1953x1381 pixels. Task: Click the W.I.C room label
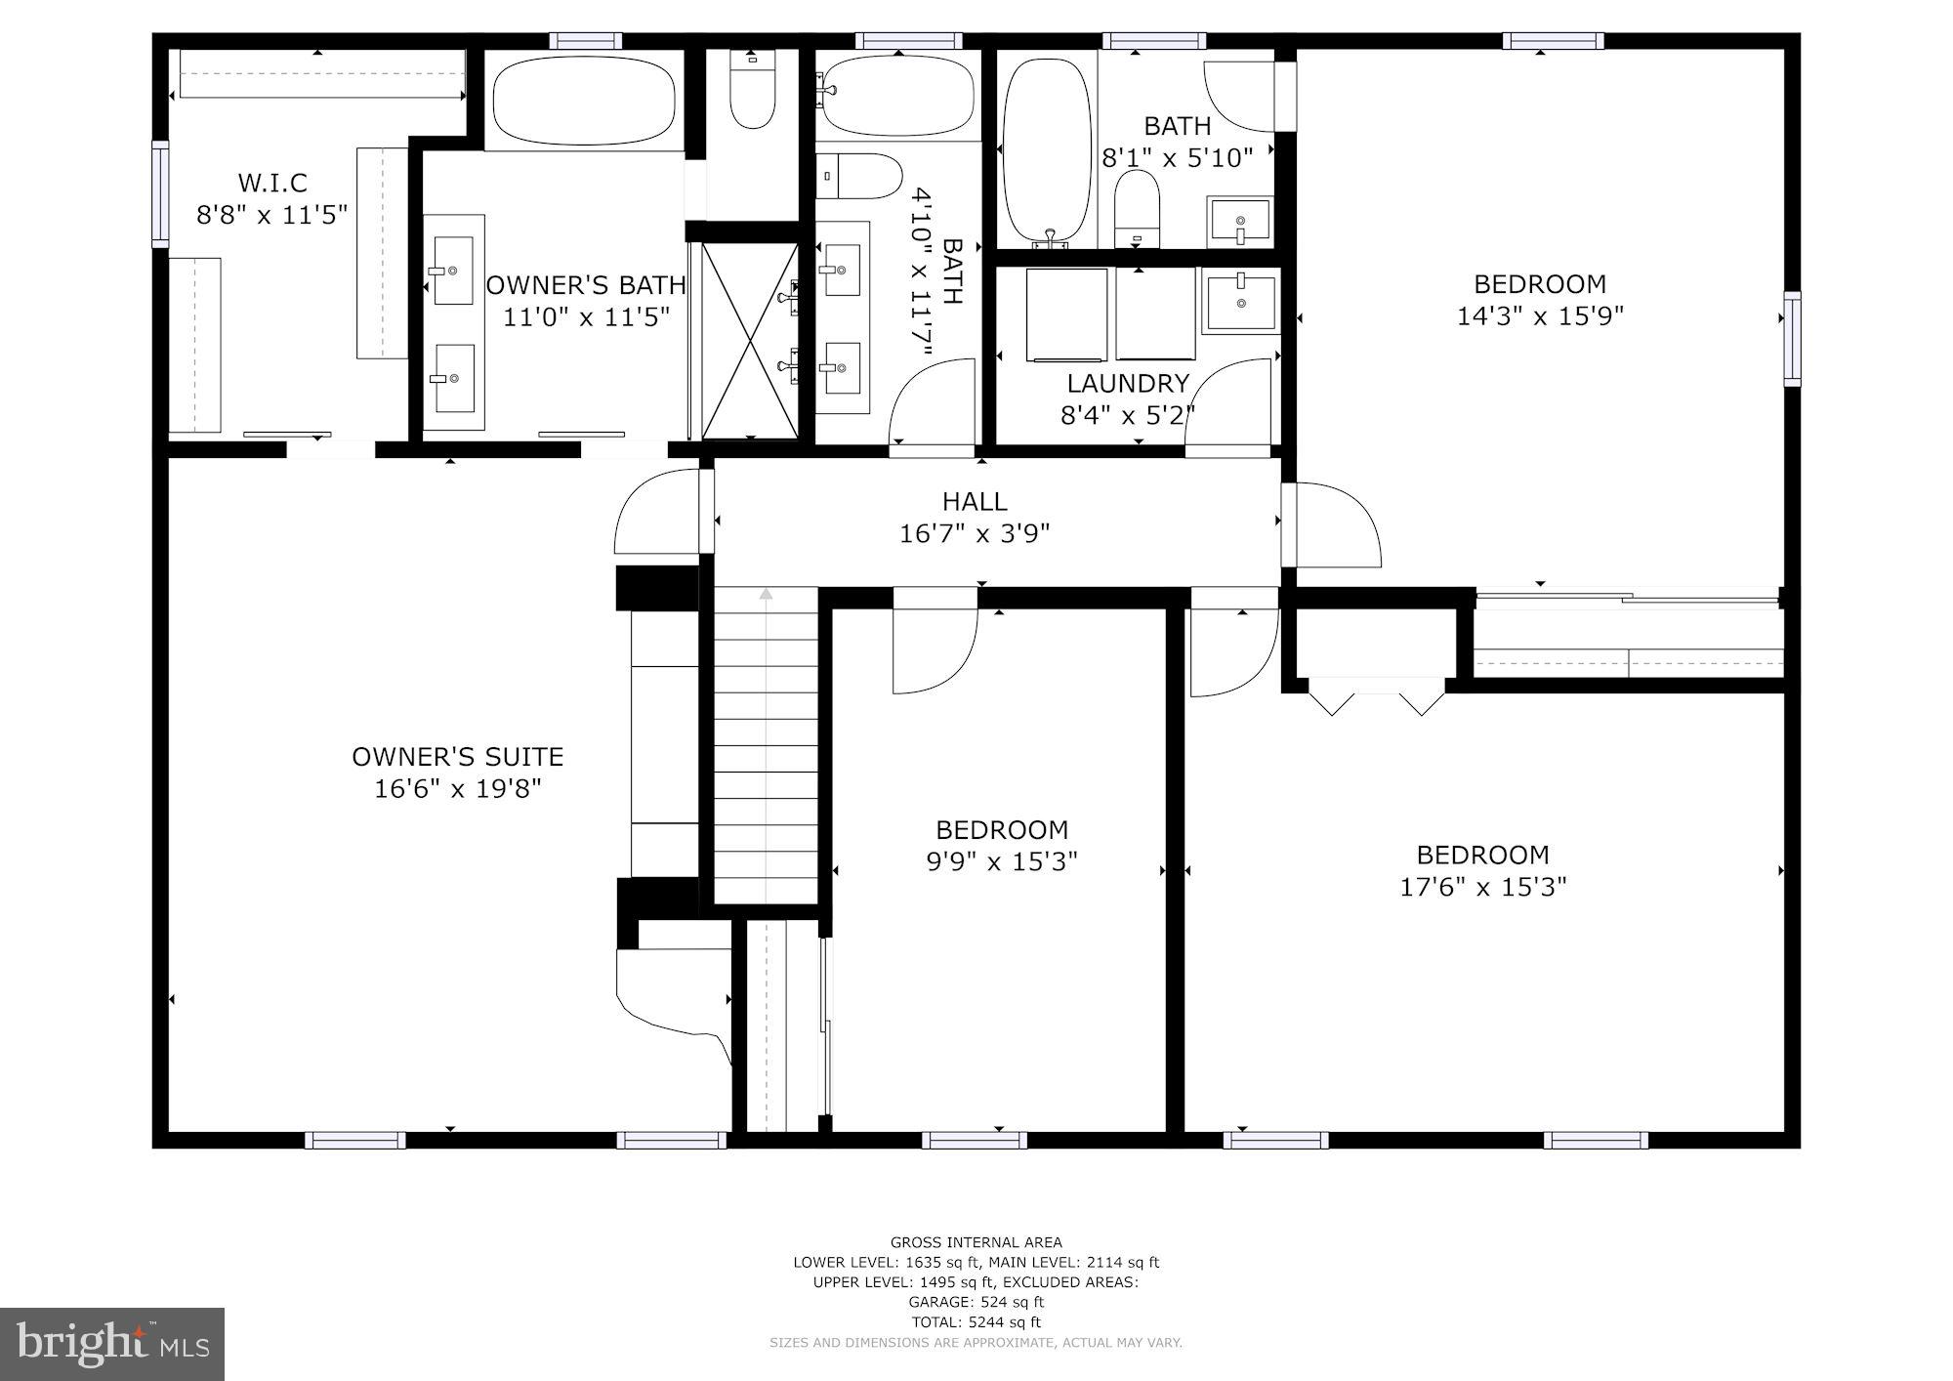[x=272, y=183]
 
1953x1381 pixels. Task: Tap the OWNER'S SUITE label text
[x=457, y=757]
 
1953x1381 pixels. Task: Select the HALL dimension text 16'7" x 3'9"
[x=974, y=533]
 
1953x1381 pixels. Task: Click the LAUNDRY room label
[x=1128, y=383]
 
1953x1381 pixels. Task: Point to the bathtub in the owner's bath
[x=584, y=101]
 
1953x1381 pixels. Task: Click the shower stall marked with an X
[x=750, y=340]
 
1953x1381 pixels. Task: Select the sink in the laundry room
[x=1241, y=302]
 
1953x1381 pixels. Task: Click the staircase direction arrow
[x=767, y=594]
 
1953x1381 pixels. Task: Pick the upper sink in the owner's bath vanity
[x=453, y=270]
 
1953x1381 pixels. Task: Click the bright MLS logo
[x=112, y=1344]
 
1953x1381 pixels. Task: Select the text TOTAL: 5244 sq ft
[x=976, y=1322]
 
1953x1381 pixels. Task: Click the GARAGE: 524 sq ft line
[x=976, y=1302]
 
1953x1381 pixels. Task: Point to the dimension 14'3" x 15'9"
[x=1540, y=316]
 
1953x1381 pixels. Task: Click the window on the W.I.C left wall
[x=160, y=192]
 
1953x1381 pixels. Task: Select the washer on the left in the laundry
[x=1066, y=314]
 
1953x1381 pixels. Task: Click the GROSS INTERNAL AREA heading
[x=976, y=1242]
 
